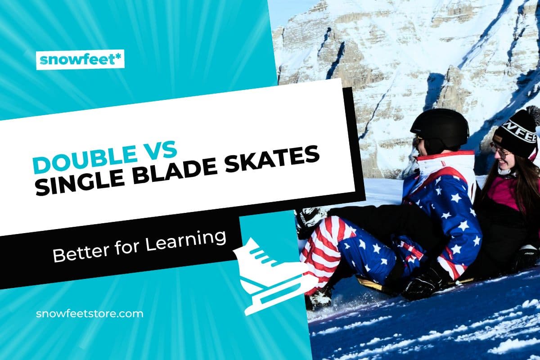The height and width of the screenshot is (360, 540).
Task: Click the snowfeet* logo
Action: click(80, 59)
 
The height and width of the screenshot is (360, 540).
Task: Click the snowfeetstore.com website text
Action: click(90, 313)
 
